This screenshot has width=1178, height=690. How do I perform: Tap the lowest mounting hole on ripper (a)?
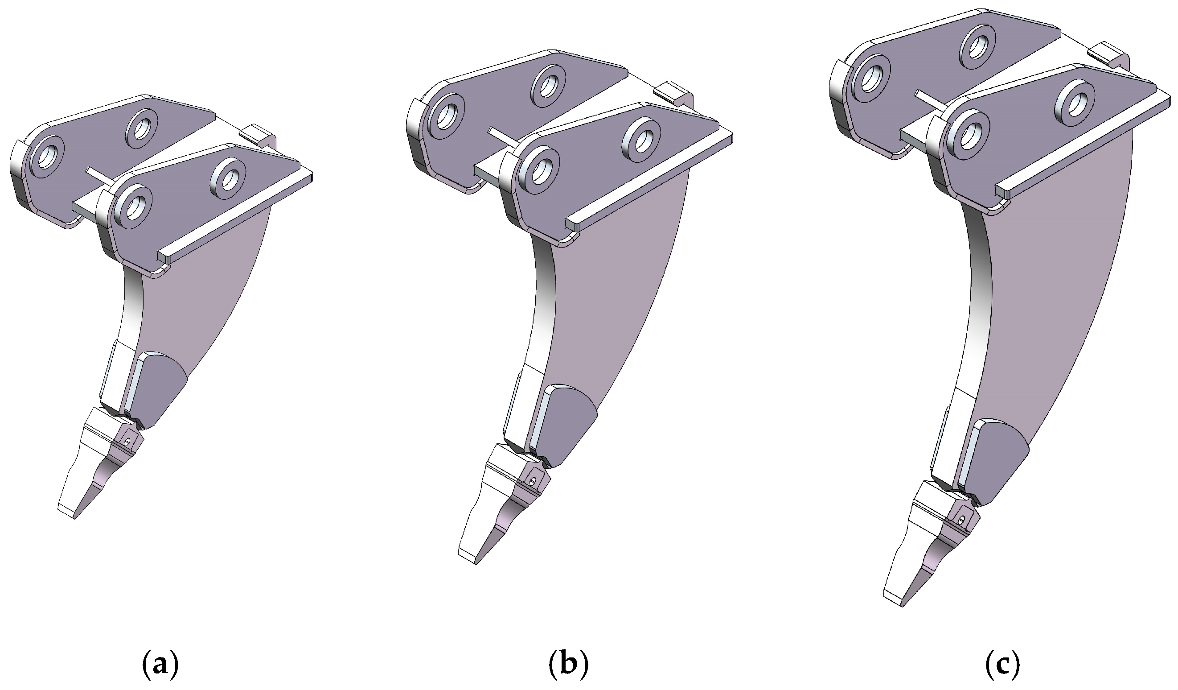pos(133,205)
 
